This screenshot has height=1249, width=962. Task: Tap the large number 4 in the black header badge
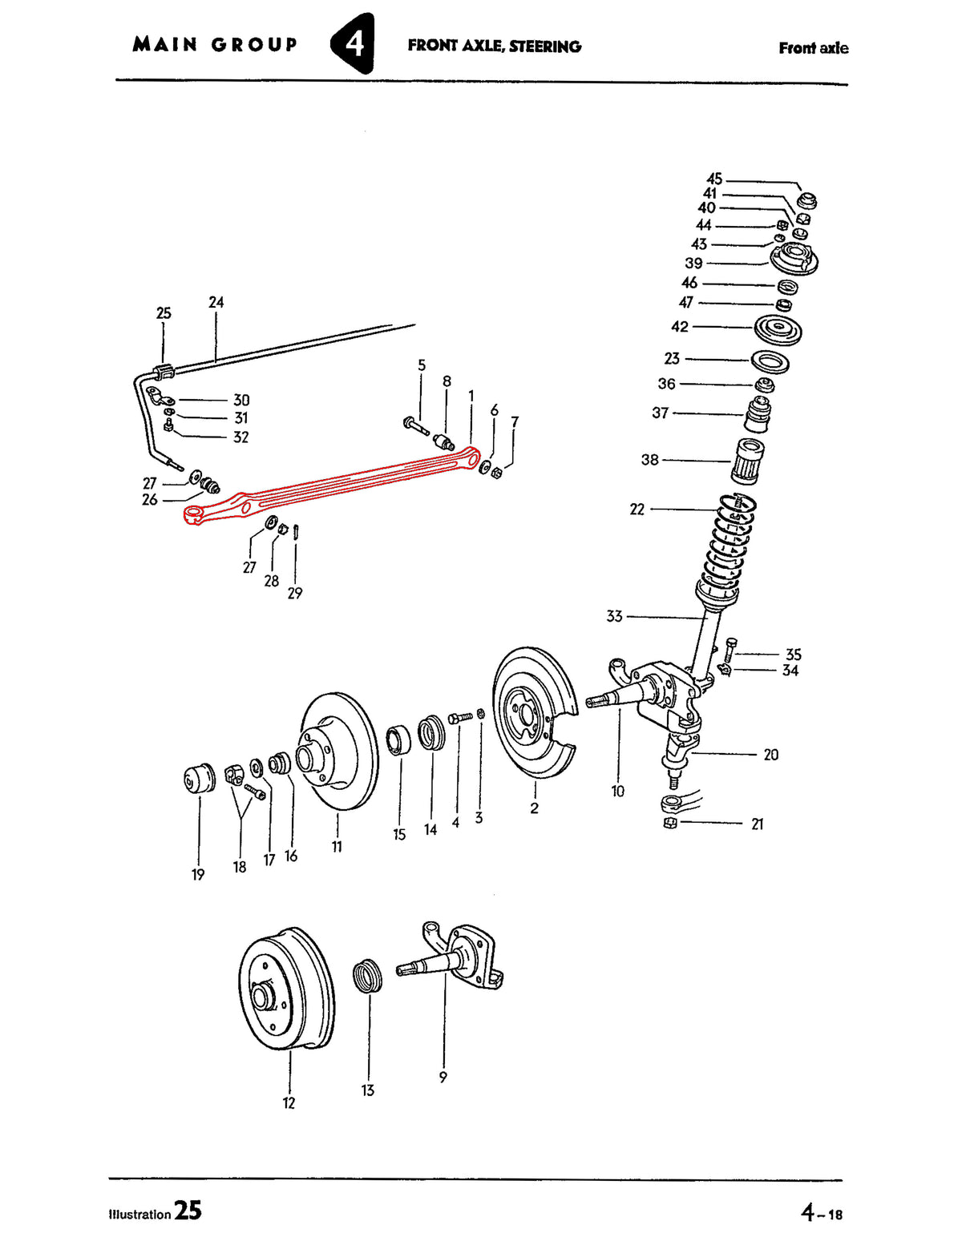point(353,43)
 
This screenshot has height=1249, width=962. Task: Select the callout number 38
point(650,460)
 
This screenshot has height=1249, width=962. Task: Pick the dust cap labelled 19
point(200,778)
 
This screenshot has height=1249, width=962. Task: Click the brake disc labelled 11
point(338,751)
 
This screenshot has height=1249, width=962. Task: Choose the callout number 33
point(614,616)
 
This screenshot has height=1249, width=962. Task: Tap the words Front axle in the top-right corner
point(813,48)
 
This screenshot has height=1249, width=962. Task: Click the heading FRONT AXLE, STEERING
point(495,46)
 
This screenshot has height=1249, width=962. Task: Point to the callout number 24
point(216,302)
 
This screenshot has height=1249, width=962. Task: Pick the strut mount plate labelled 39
point(794,260)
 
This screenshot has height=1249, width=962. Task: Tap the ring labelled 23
point(770,361)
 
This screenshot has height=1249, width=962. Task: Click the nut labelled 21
point(670,823)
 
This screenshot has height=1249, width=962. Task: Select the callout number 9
point(443,1077)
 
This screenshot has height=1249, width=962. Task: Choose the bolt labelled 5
point(416,426)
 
